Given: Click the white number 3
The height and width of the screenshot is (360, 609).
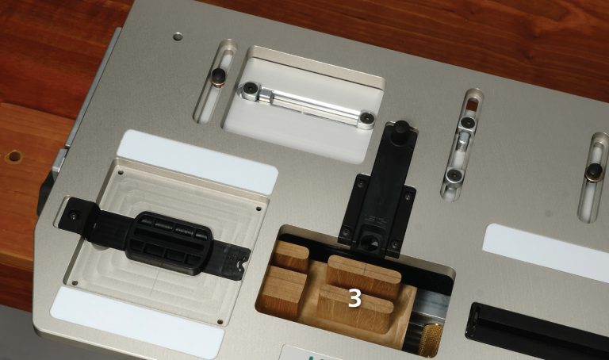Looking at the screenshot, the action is click(x=354, y=298).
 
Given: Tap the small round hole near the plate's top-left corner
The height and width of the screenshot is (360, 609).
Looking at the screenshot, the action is click(x=178, y=36).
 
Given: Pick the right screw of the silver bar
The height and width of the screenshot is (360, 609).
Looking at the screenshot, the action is click(x=366, y=117).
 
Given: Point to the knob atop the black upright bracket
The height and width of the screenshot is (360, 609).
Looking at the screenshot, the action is click(x=400, y=128).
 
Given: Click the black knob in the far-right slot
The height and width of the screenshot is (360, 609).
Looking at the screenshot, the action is click(x=593, y=171).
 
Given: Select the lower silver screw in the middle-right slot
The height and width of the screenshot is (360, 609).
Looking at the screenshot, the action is click(x=453, y=174).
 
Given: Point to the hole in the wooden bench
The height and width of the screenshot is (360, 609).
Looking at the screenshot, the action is click(x=14, y=156).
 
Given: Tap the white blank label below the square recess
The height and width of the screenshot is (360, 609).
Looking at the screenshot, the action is click(x=137, y=322).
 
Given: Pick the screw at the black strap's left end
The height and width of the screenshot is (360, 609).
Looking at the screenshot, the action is click(x=74, y=214).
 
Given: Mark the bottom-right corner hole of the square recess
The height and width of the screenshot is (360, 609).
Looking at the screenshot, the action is click(x=220, y=322).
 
